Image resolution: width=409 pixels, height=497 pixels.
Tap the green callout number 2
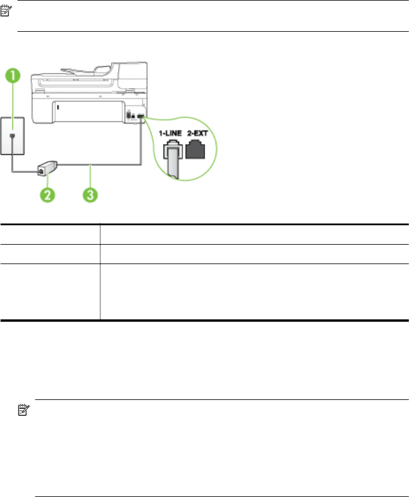(46, 192)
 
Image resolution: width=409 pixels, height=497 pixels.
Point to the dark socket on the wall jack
(15, 122)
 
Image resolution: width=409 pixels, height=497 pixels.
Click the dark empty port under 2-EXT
(198, 151)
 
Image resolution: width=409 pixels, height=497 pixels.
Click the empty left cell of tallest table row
(50, 292)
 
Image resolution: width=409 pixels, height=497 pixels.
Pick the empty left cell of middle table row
(50, 253)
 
